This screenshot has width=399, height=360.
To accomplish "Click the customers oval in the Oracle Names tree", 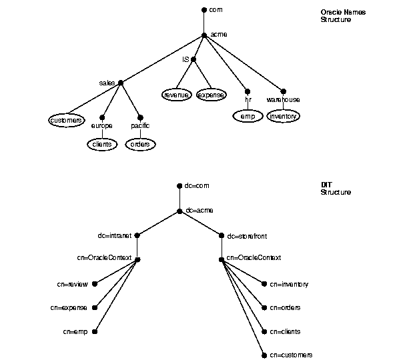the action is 67,120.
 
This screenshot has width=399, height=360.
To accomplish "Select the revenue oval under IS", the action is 177,95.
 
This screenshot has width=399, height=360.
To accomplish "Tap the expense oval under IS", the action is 212,95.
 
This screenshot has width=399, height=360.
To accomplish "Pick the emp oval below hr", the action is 248,116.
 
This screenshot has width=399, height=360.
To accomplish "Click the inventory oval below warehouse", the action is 283,116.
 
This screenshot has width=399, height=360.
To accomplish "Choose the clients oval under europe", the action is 102,145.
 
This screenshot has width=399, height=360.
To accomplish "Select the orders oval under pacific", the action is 140,145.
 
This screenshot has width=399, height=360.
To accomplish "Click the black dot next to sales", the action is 121,83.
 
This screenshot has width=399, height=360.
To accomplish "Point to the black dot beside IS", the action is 193,59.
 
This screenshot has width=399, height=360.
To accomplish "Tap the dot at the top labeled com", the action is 204,10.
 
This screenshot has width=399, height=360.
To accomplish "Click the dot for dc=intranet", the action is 137,235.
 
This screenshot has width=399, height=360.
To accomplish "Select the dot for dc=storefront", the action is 222,236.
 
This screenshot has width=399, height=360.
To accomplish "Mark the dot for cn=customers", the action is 264,355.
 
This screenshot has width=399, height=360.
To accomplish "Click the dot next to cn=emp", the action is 95,331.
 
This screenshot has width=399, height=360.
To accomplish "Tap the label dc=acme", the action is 199,210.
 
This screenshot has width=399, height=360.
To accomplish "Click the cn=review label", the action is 72,284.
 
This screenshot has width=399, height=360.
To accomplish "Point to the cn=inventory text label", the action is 289,284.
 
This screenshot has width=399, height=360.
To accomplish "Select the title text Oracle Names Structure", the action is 343,16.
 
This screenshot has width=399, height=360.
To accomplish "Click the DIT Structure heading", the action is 336,189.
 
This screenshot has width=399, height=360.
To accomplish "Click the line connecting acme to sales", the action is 162,59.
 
